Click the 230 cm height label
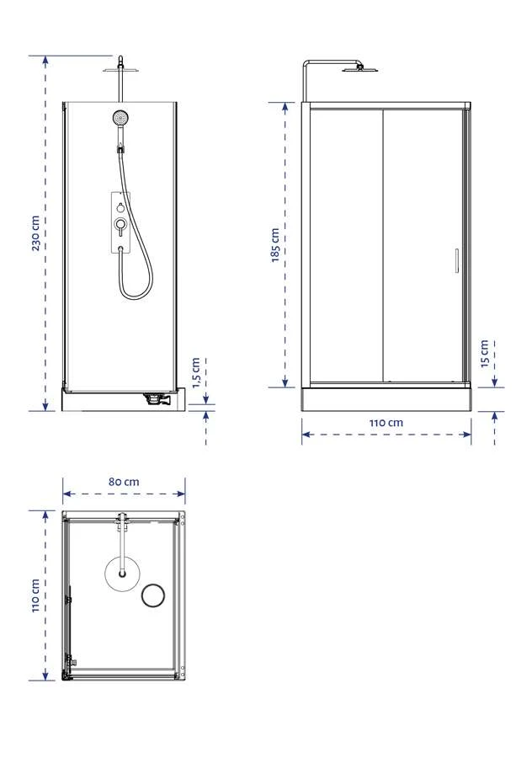point(35,233)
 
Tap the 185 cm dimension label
point(275,245)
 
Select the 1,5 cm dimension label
point(195,373)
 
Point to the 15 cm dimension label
point(485,354)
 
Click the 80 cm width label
point(124,482)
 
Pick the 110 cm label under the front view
point(386,423)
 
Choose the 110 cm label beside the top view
point(35,595)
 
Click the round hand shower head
point(120,117)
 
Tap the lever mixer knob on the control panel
point(120,224)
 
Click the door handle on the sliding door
point(456,260)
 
